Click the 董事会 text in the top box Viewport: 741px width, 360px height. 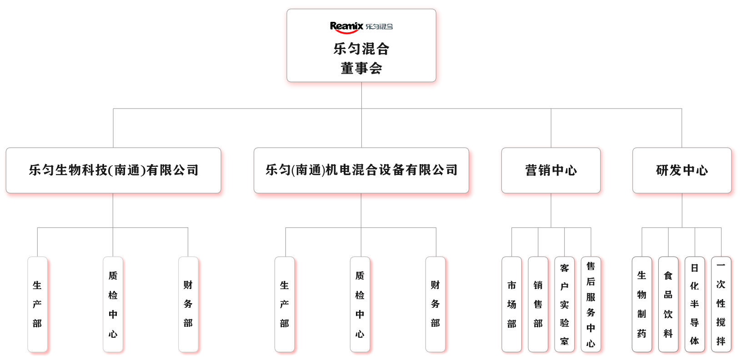361,68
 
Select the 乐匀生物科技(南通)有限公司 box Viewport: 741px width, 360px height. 114,170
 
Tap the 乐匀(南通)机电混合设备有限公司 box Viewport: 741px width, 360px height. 361,170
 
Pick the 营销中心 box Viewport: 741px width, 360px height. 551,170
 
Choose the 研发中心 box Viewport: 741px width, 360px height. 682,170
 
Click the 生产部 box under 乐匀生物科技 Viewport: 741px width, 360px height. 37,305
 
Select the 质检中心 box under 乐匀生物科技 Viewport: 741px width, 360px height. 113,305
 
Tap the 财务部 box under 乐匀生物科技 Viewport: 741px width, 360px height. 188,305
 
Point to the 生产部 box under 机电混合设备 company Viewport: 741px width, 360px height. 285,305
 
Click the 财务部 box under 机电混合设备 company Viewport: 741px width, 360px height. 436,305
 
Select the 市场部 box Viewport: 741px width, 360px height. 512,305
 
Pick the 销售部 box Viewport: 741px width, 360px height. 538,305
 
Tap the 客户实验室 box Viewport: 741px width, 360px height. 564,305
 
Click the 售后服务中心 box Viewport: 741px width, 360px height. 591,305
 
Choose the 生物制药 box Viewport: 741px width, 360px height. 642,305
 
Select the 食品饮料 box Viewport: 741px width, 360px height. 668,305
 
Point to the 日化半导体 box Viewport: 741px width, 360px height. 695,305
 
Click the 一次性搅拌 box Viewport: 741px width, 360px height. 721,305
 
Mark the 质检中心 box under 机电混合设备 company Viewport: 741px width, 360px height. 360,305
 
